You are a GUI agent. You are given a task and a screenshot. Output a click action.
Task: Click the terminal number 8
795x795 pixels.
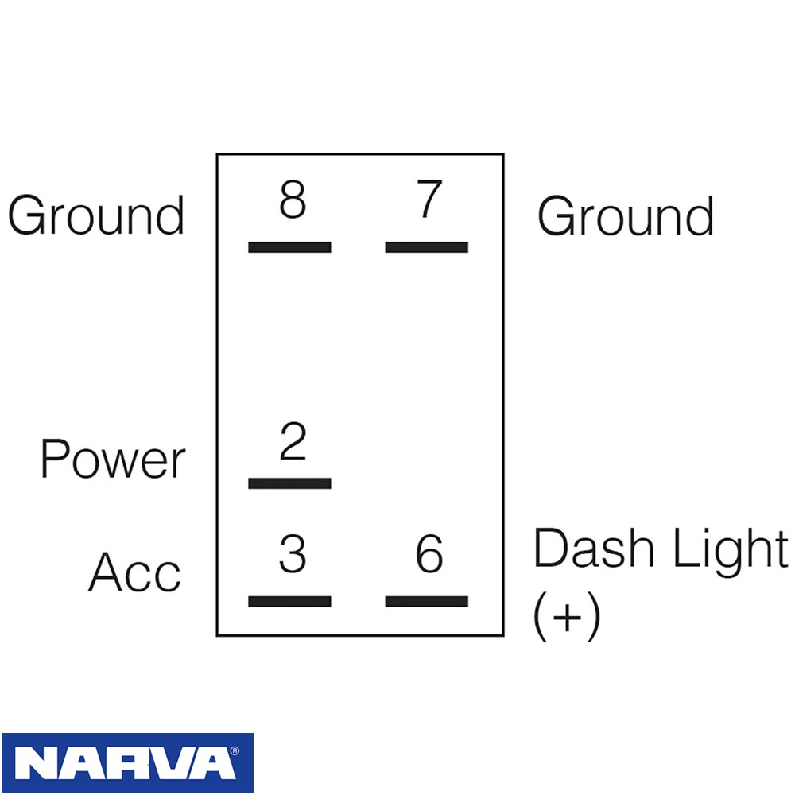pos(293,200)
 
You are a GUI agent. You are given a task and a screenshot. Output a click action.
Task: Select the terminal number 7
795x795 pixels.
pos(429,200)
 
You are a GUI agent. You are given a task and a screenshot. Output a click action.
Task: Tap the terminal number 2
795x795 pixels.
pos(293,440)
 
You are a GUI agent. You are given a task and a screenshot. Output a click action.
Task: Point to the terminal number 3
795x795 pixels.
pos(293,553)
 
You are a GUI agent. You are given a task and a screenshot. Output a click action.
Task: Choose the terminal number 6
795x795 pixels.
pos(429,553)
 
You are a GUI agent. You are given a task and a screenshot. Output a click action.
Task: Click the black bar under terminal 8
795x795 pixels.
pos(289,247)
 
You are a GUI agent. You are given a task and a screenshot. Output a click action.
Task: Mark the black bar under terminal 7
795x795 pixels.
pos(426,247)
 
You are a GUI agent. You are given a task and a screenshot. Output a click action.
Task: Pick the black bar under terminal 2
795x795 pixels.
pos(289,483)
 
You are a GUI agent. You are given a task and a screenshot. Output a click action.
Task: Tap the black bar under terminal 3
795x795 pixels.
pos(289,601)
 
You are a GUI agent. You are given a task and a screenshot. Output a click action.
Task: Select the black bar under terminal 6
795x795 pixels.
pos(426,601)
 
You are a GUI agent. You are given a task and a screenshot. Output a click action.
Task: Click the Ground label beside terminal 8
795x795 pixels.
pos(96,215)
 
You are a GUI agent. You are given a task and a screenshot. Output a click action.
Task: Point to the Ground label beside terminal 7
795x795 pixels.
pos(626,216)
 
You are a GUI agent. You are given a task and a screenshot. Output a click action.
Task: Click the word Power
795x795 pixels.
pos(113,459)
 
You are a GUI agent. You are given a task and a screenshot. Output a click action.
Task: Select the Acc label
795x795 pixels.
pos(135,572)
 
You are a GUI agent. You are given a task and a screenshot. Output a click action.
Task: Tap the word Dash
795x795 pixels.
pos(593,548)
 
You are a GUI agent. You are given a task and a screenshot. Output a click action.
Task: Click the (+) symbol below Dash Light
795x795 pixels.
pos(567,619)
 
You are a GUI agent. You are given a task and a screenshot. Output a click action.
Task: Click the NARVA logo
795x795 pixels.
pos(127,762)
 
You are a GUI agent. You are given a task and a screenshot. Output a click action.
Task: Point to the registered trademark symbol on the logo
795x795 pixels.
pos(235,751)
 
